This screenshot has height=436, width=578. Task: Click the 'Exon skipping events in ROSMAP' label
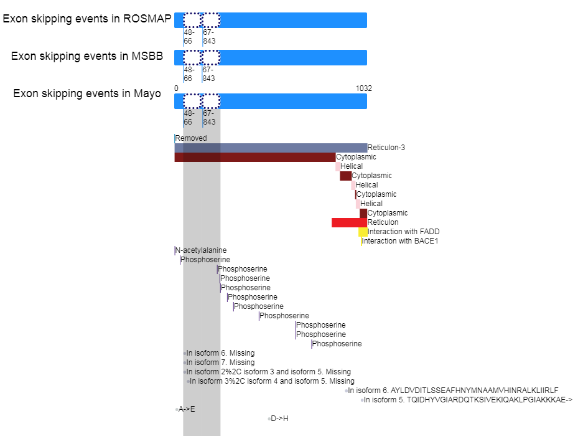click(x=87, y=19)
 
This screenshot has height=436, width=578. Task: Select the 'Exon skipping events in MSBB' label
click(x=87, y=56)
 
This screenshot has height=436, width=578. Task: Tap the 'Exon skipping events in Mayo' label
click(x=87, y=93)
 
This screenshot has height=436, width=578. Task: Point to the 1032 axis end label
click(x=363, y=88)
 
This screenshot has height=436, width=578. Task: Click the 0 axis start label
click(x=176, y=88)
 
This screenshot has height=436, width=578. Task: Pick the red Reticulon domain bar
click(x=350, y=222)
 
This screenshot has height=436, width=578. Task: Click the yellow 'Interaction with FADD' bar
click(x=363, y=232)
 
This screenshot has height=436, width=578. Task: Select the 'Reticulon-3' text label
click(x=386, y=148)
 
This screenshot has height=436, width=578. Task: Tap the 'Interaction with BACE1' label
click(x=400, y=241)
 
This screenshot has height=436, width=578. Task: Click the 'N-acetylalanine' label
click(x=201, y=250)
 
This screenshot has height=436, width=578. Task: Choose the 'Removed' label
click(x=191, y=138)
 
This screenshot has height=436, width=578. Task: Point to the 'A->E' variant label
click(x=187, y=409)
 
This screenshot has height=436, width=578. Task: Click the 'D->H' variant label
click(x=279, y=419)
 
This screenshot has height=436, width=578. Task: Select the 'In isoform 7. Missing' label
click(x=220, y=363)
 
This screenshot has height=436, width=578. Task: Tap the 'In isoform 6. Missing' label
click(x=220, y=353)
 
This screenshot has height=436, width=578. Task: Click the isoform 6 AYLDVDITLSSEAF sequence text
click(x=453, y=391)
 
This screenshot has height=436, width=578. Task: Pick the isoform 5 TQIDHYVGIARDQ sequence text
click(x=468, y=400)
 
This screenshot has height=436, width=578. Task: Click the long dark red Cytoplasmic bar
click(x=255, y=157)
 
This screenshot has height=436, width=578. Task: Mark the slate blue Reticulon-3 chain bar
click(x=271, y=148)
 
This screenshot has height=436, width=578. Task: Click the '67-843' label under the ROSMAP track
click(x=209, y=37)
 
